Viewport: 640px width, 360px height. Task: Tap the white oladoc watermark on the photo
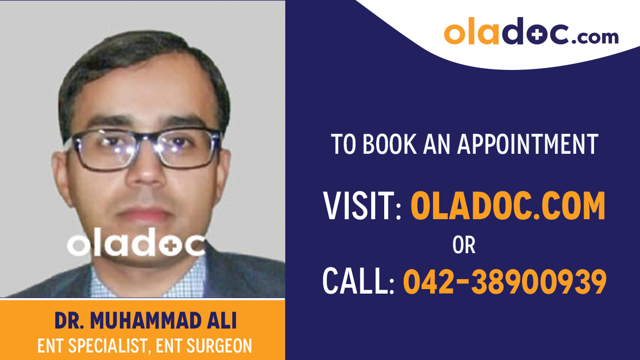[x=136, y=245]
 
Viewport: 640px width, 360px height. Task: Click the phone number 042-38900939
[x=505, y=282]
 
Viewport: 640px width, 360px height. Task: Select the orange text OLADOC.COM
[x=508, y=206]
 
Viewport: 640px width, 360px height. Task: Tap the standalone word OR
[x=464, y=245]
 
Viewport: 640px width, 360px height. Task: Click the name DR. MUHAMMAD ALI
[x=145, y=322]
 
